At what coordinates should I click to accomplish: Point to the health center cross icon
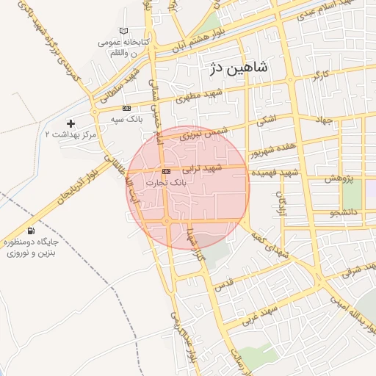[x=70, y=123]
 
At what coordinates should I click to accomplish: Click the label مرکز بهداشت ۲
[x=71, y=134]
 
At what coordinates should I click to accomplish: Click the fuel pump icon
[x=30, y=231]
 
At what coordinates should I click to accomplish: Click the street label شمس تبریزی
[x=209, y=132]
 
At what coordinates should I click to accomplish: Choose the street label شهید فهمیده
[x=273, y=172]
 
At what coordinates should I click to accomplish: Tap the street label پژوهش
[x=340, y=178]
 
